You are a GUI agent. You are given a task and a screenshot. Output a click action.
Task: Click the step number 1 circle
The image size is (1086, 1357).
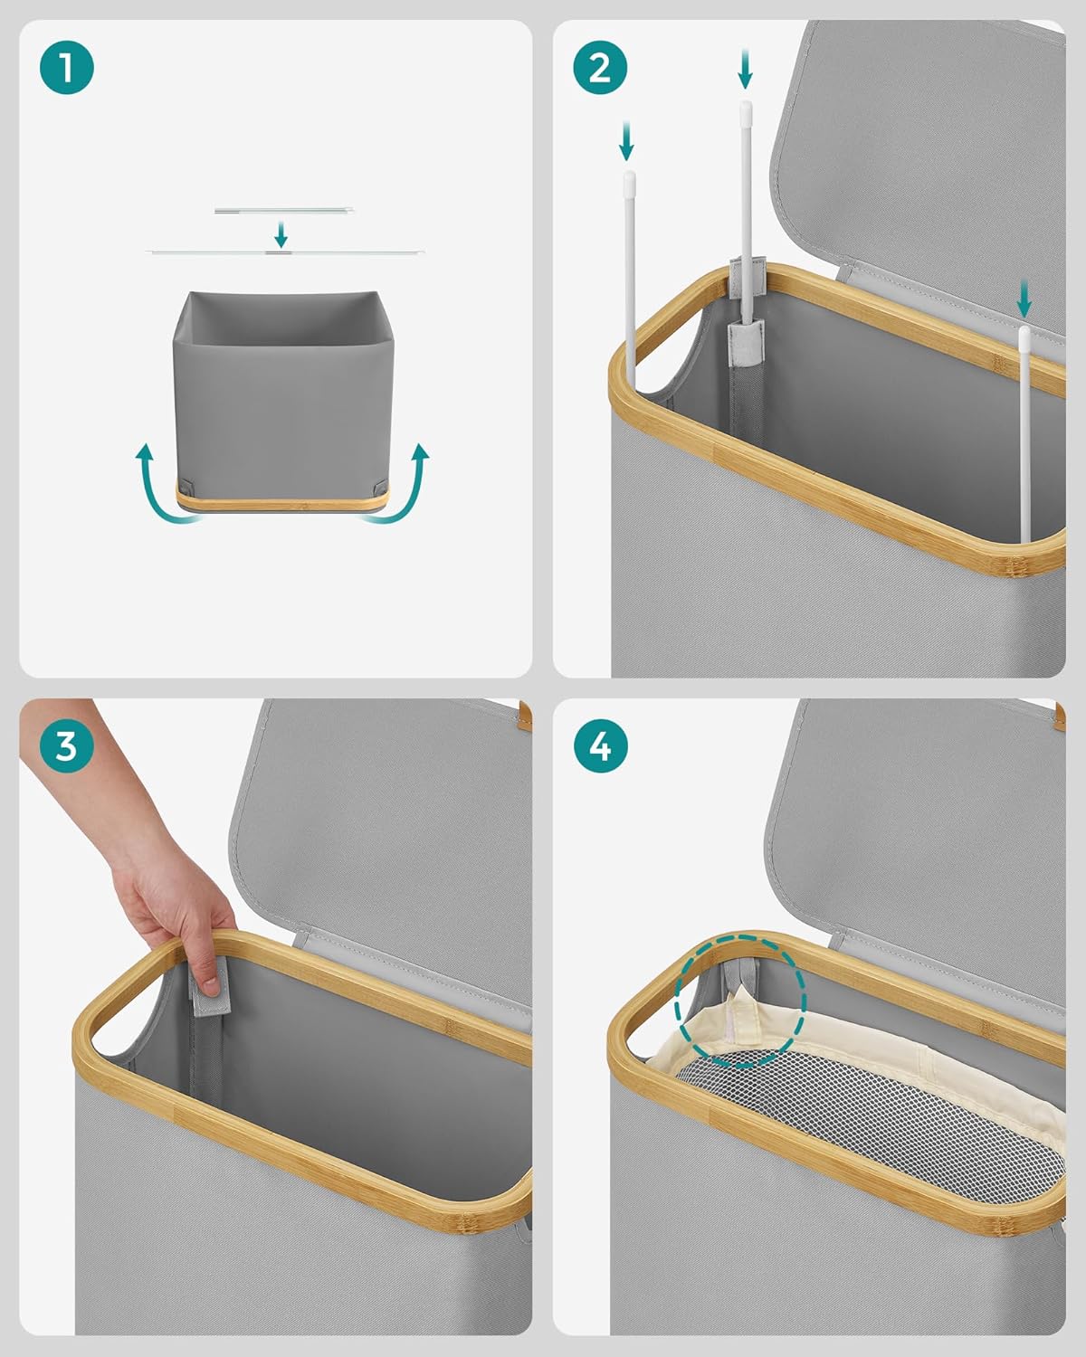point(66,68)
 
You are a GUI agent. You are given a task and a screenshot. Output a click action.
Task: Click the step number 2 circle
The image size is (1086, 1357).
point(600,68)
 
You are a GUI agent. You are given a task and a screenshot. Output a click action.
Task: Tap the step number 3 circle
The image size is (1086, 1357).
point(66,746)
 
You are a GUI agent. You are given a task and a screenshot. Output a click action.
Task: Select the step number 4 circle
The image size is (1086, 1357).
point(600,746)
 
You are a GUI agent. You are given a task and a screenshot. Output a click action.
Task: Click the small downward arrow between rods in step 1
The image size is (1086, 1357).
point(281,234)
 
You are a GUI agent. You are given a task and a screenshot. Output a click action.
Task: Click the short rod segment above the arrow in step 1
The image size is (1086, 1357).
point(283,211)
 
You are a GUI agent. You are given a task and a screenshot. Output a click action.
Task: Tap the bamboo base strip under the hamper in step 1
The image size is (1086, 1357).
point(282,502)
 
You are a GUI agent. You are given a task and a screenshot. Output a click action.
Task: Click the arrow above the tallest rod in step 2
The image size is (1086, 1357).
point(745,69)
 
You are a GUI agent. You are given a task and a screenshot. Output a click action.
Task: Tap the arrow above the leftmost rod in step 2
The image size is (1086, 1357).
point(626,140)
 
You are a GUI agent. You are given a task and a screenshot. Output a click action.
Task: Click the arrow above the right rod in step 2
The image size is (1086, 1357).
point(1024,298)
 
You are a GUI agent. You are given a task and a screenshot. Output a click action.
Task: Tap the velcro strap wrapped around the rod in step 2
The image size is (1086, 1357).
point(746,344)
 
